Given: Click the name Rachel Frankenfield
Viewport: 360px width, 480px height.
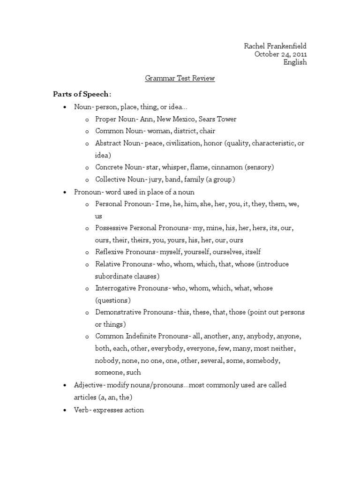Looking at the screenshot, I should click(x=275, y=46).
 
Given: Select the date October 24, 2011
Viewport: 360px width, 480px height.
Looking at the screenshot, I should click(x=281, y=54).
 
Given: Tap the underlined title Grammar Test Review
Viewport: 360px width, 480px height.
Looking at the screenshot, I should click(x=180, y=79).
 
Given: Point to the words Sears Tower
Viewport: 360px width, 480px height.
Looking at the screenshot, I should click(x=218, y=119).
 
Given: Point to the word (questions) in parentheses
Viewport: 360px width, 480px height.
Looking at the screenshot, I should click(x=113, y=300).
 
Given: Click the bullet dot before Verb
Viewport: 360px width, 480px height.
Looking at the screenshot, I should click(x=64, y=410).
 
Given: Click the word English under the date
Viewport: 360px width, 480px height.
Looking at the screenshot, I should click(x=295, y=63).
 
